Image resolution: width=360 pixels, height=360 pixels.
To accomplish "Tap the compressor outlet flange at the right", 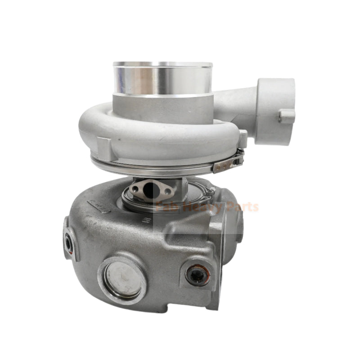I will pos(274,110).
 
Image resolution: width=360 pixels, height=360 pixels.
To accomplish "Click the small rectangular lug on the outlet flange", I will pos(287,116).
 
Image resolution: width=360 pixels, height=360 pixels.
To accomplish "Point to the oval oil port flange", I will pos(150,190).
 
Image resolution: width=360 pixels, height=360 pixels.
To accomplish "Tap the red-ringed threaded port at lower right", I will pos(197,274).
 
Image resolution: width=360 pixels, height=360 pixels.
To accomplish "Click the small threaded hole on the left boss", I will pos(69,243).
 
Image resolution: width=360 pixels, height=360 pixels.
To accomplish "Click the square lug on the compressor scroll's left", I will pos(103,147).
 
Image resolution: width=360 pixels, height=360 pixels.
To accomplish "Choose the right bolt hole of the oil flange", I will pos(167,191).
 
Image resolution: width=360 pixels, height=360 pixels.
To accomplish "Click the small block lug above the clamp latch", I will pos(243,137).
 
